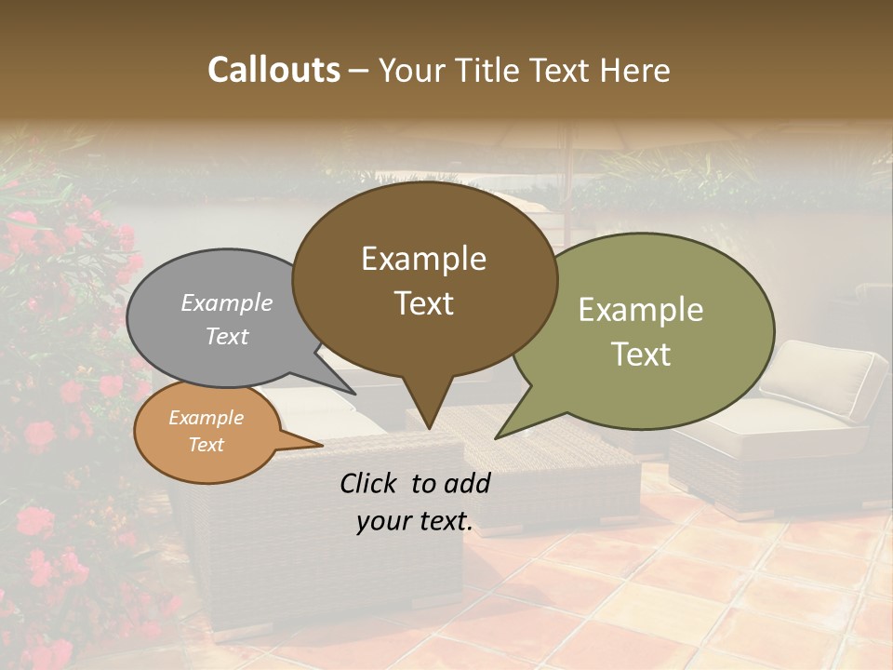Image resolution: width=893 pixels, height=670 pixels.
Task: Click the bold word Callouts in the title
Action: point(273,70)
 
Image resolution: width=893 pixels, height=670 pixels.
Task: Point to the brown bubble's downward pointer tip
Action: point(428,427)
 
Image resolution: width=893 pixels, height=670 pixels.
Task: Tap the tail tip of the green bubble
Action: point(498,436)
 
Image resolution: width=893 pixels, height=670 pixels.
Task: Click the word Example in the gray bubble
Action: point(227,302)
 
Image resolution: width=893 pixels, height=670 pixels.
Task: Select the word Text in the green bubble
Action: point(641,355)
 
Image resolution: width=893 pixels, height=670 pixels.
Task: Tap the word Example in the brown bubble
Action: point(423,259)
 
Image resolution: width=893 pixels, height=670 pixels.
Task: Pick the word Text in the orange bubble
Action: point(207,445)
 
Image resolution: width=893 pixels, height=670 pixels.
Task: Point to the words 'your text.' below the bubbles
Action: point(415,521)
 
